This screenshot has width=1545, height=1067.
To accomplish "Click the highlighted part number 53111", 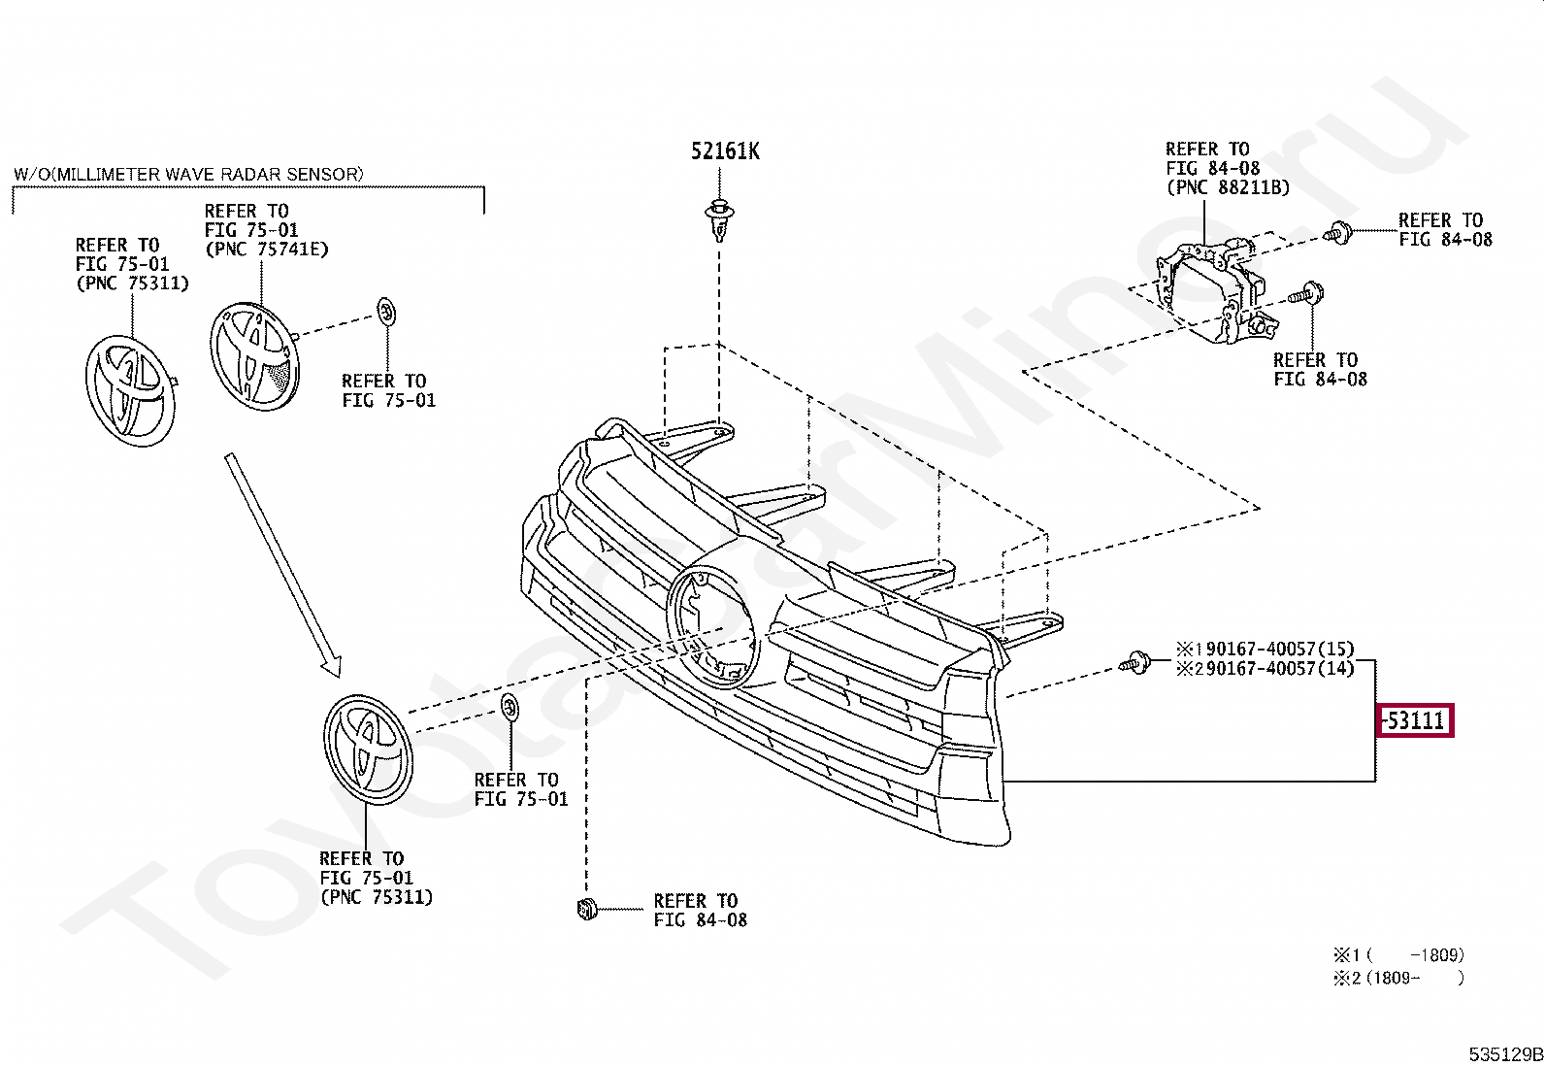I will pyautogui.click(x=1416, y=721).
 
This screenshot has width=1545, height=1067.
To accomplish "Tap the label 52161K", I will pyautogui.click(x=725, y=151).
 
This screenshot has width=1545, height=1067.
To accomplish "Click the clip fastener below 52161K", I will pyautogui.click(x=718, y=219).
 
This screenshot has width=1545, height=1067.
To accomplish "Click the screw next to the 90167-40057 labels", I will pyautogui.click(x=1133, y=664).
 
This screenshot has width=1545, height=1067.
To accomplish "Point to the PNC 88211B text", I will pyautogui.click(x=1228, y=187).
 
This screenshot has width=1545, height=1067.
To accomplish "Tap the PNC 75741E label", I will pyautogui.click(x=266, y=250).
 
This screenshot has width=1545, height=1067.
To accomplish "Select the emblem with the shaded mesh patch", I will pyautogui.click(x=255, y=356).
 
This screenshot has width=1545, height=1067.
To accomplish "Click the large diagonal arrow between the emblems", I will pyautogui.click(x=280, y=563).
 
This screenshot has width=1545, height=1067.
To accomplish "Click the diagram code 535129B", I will pyautogui.click(x=1504, y=1054).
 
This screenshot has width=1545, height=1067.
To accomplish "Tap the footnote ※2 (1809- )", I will pyautogui.click(x=1397, y=979).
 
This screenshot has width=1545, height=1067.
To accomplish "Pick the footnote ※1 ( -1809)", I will pyautogui.click(x=1397, y=955).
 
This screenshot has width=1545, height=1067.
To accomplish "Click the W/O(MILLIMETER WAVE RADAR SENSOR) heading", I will pyautogui.click(x=189, y=175).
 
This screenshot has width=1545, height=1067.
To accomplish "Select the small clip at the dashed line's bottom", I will pyautogui.click(x=585, y=910).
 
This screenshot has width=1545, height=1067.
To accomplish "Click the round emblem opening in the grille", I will pyautogui.click(x=712, y=626).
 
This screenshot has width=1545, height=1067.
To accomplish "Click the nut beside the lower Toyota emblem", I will pyautogui.click(x=510, y=706).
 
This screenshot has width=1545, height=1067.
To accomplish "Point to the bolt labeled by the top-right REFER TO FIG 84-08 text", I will pyautogui.click(x=1340, y=232).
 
